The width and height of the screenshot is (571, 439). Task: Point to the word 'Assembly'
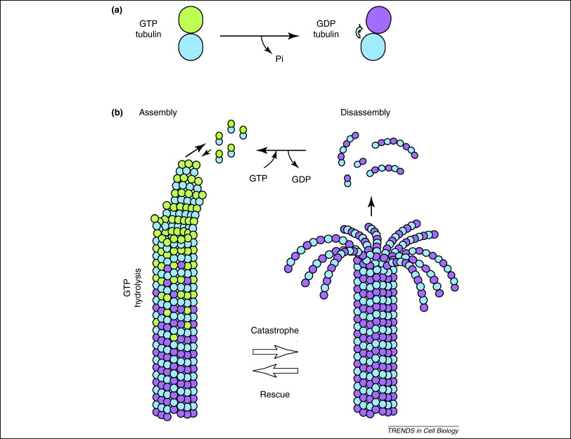[158, 113]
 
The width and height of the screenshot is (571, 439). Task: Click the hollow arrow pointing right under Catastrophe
[274, 351]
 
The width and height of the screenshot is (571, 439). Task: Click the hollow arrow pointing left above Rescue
[274, 371]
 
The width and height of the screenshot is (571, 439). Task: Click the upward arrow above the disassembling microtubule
[372, 206]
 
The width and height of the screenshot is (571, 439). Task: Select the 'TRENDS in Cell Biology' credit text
[428, 430]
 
